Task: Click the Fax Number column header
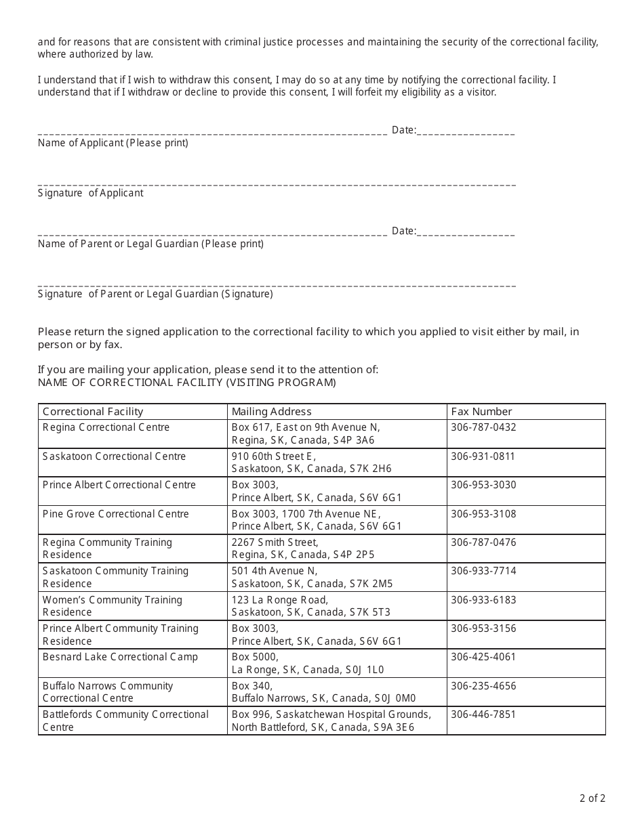click(x=481, y=412)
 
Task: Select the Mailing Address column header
click(x=271, y=412)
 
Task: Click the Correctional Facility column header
click(x=93, y=412)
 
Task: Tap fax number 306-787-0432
click(x=483, y=427)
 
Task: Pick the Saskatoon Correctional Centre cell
click(x=114, y=456)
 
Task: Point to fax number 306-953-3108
click(x=483, y=514)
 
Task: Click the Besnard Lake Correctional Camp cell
click(x=120, y=657)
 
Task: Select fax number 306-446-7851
click(x=483, y=714)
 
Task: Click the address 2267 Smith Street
click(x=275, y=542)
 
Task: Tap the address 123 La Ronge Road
click(x=279, y=600)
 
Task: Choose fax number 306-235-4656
click(x=483, y=686)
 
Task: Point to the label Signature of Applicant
click(x=90, y=193)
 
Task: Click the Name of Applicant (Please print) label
click(x=113, y=143)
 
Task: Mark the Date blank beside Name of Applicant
click(x=466, y=131)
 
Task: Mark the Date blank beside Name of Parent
click(x=466, y=232)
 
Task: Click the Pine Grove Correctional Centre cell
click(x=115, y=514)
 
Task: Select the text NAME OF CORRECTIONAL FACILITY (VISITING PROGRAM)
click(x=186, y=383)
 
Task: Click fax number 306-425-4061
click(x=483, y=657)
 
